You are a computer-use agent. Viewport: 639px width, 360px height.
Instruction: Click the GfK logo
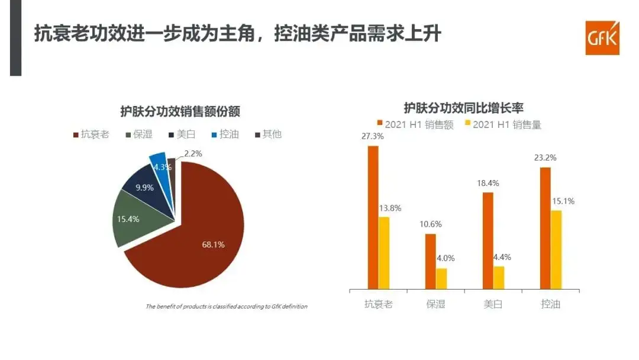tap(602, 38)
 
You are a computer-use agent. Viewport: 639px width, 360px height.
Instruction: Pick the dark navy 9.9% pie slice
tap(146, 185)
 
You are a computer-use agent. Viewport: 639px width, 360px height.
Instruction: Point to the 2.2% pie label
tap(193, 153)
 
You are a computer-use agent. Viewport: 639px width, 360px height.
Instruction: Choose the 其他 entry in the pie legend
tap(267, 134)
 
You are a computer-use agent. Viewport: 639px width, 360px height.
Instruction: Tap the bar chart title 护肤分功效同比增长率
tap(463, 108)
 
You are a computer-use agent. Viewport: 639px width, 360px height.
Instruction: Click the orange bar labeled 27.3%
tap(373, 217)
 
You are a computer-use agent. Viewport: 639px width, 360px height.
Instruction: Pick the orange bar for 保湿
tap(430, 261)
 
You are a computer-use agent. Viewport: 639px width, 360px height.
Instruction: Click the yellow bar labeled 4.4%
tap(499, 278)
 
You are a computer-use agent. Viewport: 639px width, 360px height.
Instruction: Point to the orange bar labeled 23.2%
tap(545, 228)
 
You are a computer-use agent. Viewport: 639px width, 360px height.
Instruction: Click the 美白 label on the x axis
tap(493, 304)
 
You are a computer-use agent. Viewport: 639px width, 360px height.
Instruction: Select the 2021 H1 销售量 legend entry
tap(502, 124)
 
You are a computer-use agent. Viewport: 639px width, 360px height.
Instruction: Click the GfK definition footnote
tap(226, 306)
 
